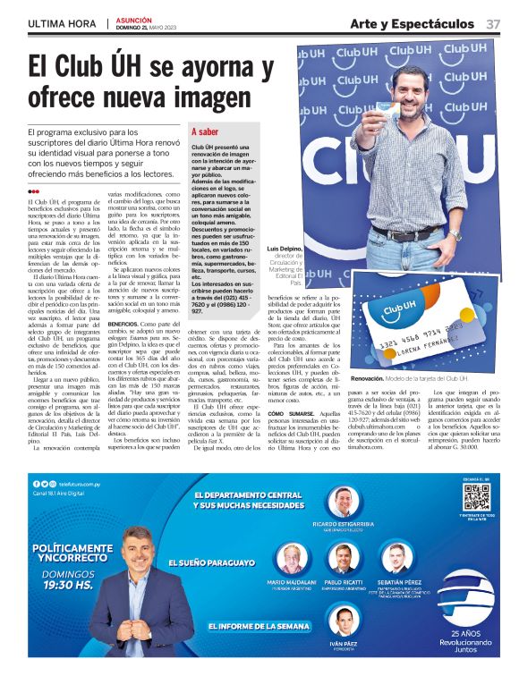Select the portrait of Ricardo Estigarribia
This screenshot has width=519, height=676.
coord(343,502)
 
